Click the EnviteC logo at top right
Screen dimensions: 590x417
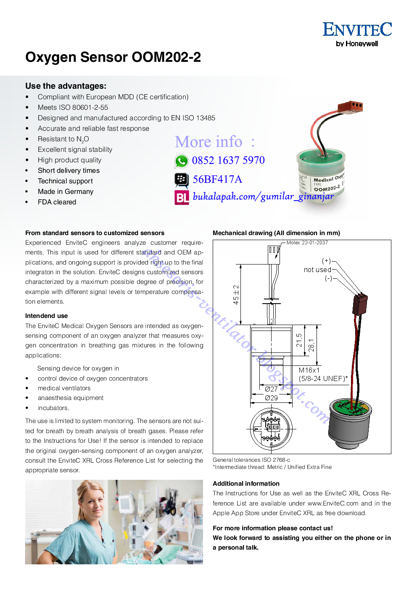pyautogui.click(x=357, y=34)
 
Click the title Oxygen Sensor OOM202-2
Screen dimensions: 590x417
pyautogui.click(x=113, y=57)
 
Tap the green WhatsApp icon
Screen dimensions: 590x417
pyautogui.click(x=182, y=161)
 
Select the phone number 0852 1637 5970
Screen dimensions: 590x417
pyautogui.click(x=228, y=160)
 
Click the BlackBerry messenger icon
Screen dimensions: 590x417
pyautogui.click(x=182, y=180)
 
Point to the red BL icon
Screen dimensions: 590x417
pyautogui.click(x=182, y=197)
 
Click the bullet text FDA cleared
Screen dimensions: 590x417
pyautogui.click(x=57, y=202)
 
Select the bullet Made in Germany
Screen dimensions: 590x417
pyautogui.click(x=66, y=192)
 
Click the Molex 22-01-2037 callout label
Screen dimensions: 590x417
pyautogui.click(x=307, y=243)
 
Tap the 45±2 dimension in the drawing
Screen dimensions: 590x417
pyautogui.click(x=236, y=294)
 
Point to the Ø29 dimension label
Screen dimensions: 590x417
pyautogui.click(x=271, y=398)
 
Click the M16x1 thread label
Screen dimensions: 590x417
pyautogui.click(x=309, y=370)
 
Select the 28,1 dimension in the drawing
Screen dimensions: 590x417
pyautogui.click(x=311, y=345)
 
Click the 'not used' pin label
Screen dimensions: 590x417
pyautogui.click(x=317, y=270)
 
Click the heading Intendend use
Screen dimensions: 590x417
pyautogui.click(x=46, y=316)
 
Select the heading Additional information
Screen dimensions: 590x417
pyautogui.click(x=246, y=484)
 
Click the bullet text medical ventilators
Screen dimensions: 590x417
pyautogui.click(x=64, y=388)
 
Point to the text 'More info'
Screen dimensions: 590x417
pyautogui.click(x=208, y=142)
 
